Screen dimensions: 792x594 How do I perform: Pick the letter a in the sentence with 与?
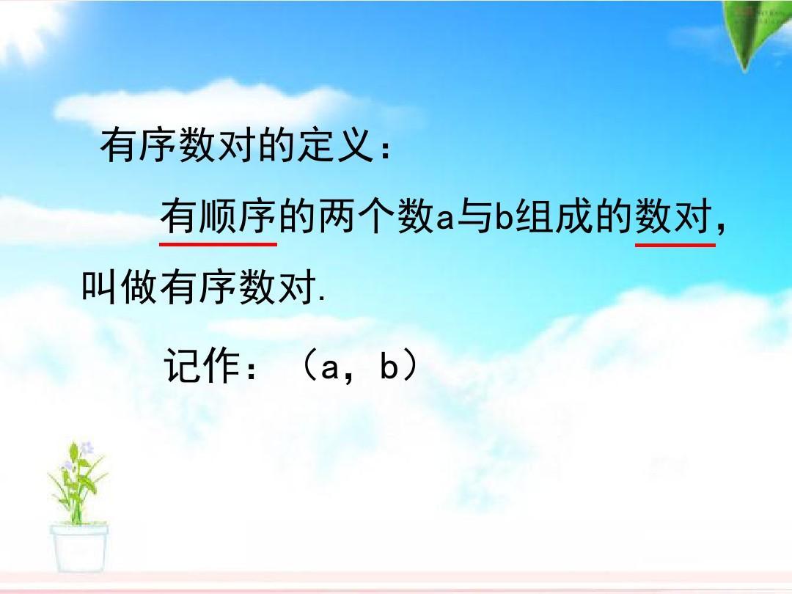point(445,220)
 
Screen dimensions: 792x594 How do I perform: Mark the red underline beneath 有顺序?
point(219,244)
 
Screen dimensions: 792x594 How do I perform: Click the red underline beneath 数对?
point(675,244)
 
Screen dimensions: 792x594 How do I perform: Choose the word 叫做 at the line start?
point(120,287)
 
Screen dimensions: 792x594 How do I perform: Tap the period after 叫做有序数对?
point(323,299)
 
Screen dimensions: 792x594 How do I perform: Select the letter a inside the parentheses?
point(329,368)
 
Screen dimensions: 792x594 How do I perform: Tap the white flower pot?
point(78,548)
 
